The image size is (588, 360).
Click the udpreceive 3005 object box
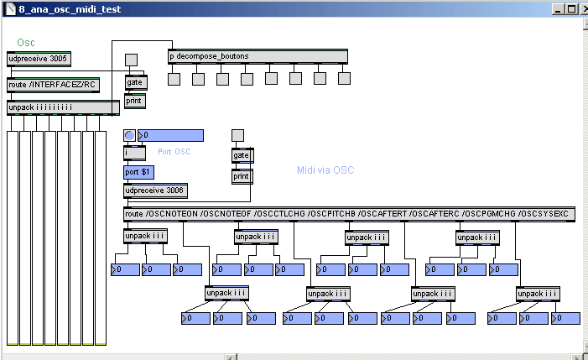click(39, 59)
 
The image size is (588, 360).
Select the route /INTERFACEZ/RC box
click(53, 84)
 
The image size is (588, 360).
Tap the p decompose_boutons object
click(258, 56)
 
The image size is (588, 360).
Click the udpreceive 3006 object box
click(155, 190)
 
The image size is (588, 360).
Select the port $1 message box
click(138, 172)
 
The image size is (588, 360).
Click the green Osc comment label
click(26, 43)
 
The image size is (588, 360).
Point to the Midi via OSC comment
click(325, 170)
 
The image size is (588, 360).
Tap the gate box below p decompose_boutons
click(135, 82)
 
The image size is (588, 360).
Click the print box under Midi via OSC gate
click(242, 176)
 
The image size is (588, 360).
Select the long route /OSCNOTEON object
click(349, 214)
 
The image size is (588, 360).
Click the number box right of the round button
click(171, 135)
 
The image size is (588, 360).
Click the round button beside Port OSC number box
click(130, 135)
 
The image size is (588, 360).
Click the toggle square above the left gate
click(131, 60)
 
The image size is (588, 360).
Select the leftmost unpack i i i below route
click(146, 236)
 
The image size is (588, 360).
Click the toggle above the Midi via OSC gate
click(237, 135)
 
